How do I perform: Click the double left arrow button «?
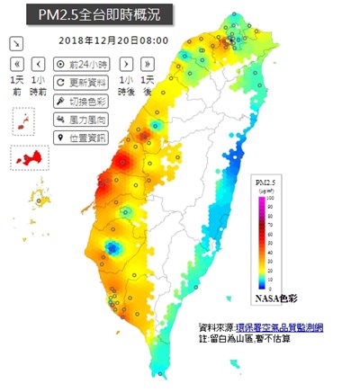click(x=17, y=64)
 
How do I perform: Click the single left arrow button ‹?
click(x=38, y=64)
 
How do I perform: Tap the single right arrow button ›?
click(x=126, y=64)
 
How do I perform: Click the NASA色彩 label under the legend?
click(x=273, y=297)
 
